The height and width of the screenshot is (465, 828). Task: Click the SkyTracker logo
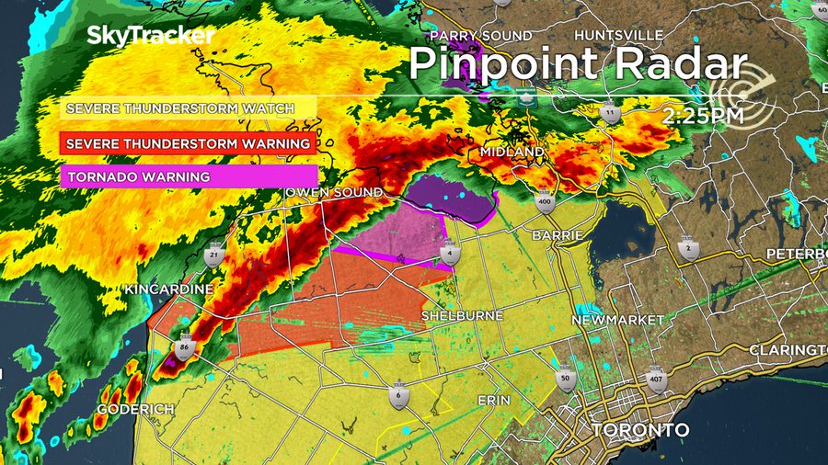[151, 36]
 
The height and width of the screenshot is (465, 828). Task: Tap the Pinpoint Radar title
[577, 64]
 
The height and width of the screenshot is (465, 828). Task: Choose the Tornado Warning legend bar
[189, 176]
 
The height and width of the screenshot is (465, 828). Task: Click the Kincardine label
[169, 289]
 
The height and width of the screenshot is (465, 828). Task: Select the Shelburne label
[462, 315]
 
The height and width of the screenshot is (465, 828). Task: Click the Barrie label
[557, 235]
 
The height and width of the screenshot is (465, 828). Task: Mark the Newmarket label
[617, 320]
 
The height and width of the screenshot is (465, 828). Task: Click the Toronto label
[640, 430]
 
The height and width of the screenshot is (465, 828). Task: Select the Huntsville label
[617, 35]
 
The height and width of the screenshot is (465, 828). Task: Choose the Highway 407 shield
[656, 378]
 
